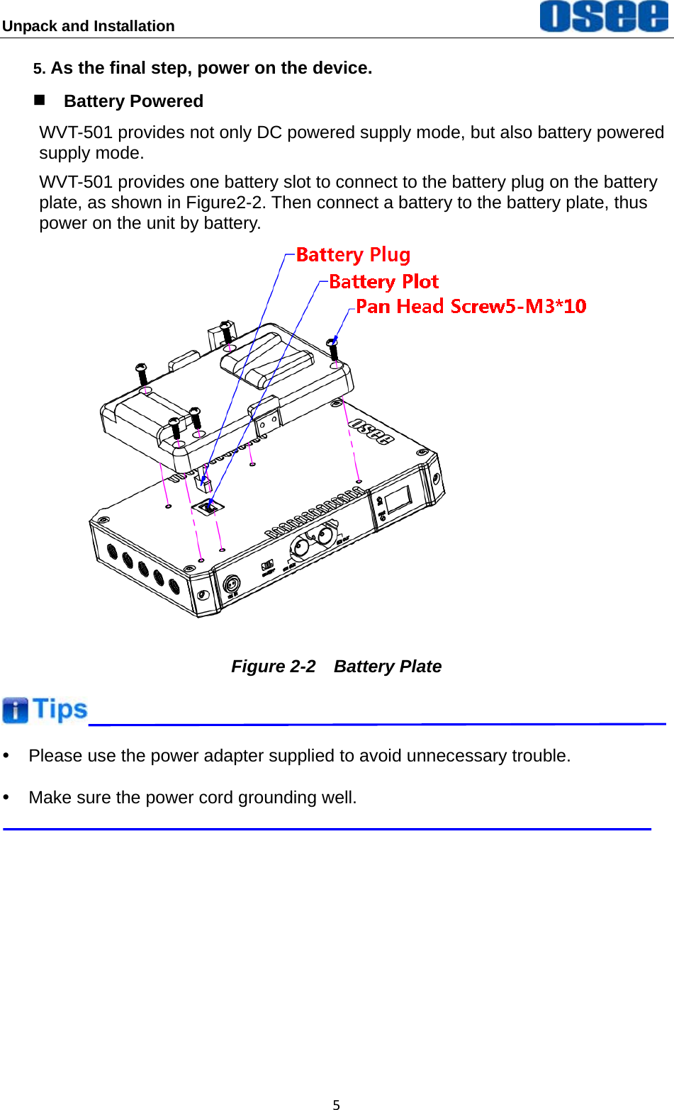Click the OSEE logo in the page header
point(603,16)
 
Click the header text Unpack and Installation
point(89,26)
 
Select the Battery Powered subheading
point(133,101)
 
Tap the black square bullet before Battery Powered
point(40,100)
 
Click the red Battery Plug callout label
point(353,254)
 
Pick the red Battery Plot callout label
point(383,281)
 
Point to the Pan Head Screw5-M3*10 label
point(471,306)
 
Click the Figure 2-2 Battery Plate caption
point(336,667)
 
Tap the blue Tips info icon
point(15,710)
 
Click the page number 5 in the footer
point(337,1104)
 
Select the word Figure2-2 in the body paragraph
point(225,203)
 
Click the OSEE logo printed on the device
point(371,431)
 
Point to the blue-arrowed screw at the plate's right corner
point(333,351)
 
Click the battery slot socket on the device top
point(210,506)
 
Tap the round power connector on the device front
point(232,584)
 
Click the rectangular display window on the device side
point(398,500)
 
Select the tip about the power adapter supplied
point(299,756)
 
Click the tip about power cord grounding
point(193,798)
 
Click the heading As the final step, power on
point(211,68)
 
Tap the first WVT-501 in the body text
point(76,132)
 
